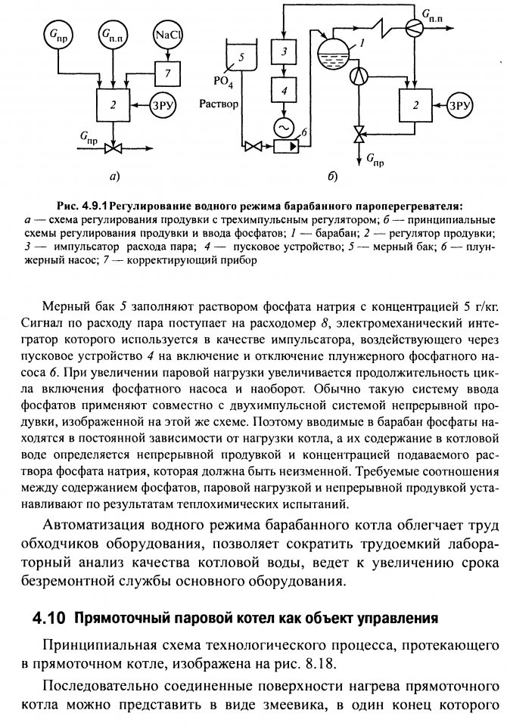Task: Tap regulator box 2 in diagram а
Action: [113, 106]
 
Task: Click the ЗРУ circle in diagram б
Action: [459, 104]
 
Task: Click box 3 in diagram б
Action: [285, 51]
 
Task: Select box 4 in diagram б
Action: [285, 92]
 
